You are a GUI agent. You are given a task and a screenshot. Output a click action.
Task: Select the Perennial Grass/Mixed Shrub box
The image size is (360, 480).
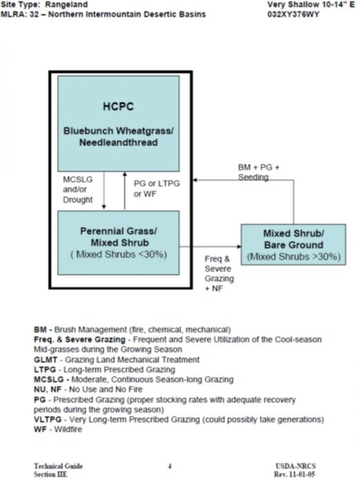click(118, 242)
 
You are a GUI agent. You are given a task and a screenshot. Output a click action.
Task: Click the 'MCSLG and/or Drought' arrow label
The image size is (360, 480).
click(77, 190)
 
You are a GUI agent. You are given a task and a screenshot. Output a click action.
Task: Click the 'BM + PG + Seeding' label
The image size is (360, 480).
click(258, 172)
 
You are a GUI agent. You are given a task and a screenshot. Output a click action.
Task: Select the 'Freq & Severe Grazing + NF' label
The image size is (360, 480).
click(219, 274)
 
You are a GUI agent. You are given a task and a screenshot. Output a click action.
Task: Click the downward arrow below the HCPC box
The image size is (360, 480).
click(104, 191)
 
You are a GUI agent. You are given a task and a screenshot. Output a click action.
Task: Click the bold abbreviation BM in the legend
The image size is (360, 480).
click(39, 329)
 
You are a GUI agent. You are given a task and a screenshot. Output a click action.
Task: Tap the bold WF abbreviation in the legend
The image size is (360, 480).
click(39, 430)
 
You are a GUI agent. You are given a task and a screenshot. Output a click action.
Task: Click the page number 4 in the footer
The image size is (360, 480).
click(170, 466)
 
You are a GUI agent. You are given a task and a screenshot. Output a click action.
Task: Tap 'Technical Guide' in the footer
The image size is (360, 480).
click(58, 466)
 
